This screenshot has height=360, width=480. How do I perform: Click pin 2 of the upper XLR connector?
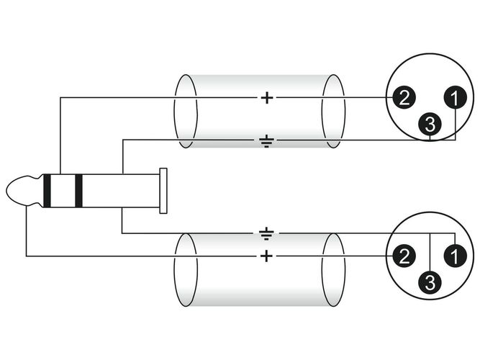[404, 98]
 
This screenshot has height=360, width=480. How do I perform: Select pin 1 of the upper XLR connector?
[456, 98]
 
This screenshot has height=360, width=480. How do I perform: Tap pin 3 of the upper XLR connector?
[430, 124]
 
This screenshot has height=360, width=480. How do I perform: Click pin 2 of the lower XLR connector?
[404, 256]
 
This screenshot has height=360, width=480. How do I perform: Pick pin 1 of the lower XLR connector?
[456, 256]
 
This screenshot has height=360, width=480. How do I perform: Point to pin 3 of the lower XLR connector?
[430, 282]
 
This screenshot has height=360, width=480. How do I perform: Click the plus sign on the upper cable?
[267, 98]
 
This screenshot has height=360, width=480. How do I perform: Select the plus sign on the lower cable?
[266, 256]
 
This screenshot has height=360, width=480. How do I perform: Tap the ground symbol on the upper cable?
[267, 140]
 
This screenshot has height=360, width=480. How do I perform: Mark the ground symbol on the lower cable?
[267, 233]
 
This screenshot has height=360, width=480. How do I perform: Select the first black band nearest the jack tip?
[47, 191]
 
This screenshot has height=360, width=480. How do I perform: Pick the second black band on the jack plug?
[78, 191]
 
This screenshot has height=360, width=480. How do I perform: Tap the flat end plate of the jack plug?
[163, 191]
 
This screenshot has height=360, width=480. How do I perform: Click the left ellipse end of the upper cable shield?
[186, 111]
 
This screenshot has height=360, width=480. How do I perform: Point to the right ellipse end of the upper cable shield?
[334, 111]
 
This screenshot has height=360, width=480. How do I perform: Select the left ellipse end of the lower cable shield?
[186, 270]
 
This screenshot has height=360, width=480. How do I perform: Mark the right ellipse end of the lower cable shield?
[334, 270]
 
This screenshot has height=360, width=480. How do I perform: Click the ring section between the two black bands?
[63, 191]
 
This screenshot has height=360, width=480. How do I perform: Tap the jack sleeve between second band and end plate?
[121, 191]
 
